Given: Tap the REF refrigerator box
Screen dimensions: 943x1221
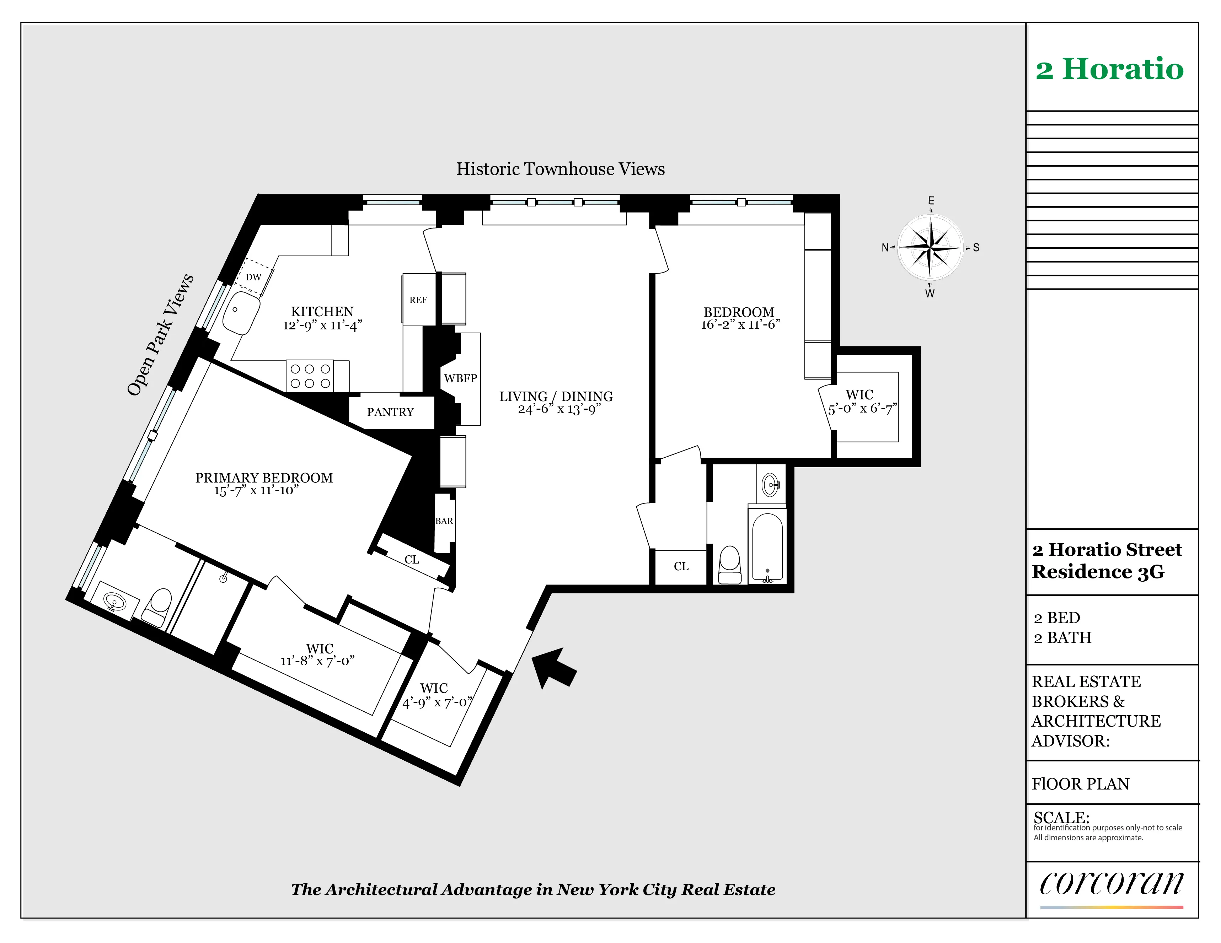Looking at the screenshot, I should [x=418, y=300].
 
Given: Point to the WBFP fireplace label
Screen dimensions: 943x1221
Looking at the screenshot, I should [x=460, y=378].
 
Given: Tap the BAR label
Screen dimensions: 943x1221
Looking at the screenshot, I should [x=444, y=521].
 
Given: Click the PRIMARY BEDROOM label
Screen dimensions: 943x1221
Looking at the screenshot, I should [x=264, y=478].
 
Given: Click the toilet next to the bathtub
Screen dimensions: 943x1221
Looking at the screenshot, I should [x=730, y=565].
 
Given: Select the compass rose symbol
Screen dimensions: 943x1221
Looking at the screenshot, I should [x=930, y=247].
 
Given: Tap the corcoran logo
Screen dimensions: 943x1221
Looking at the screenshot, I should [x=1111, y=884].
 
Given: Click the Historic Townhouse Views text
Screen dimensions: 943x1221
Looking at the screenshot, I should [x=560, y=169].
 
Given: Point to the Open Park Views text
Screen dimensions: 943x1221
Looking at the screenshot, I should [x=160, y=335].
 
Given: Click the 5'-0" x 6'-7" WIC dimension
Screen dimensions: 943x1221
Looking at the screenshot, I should [x=862, y=409].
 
